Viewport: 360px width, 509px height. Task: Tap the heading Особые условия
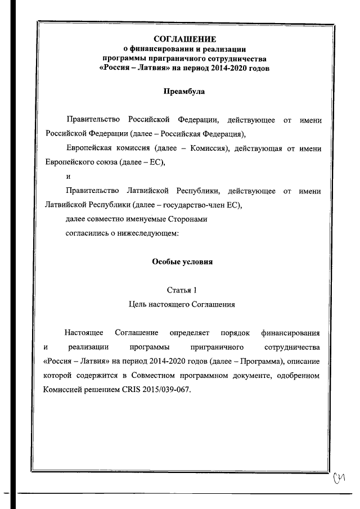click(x=183, y=262)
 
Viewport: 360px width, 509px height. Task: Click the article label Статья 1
click(x=182, y=290)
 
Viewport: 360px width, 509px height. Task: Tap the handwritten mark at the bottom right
click(x=339, y=477)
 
